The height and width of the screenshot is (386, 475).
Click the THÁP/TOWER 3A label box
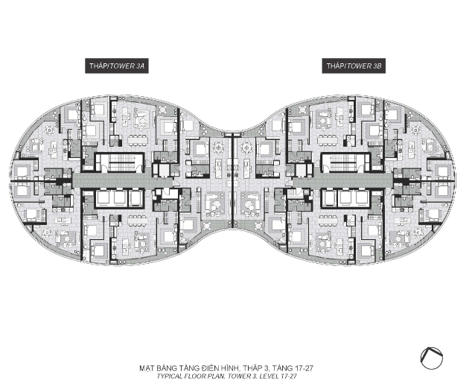(117, 66)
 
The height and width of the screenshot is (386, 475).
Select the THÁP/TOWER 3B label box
(354, 66)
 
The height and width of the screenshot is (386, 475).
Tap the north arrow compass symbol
(431, 358)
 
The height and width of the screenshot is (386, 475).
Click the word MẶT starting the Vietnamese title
(146, 368)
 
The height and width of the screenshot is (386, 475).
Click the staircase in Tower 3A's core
(121, 162)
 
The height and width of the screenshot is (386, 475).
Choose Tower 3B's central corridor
(342, 180)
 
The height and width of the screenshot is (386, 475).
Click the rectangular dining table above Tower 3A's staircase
(138, 140)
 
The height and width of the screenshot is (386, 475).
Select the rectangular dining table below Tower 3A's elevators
(138, 221)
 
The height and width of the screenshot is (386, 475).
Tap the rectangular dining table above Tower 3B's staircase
(328, 140)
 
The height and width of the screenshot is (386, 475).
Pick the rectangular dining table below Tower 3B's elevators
(328, 221)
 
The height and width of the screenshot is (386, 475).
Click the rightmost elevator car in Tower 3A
(135, 198)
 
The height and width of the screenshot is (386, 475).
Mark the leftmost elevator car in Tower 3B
(328, 198)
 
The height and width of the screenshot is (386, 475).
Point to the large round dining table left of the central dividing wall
(218, 148)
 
